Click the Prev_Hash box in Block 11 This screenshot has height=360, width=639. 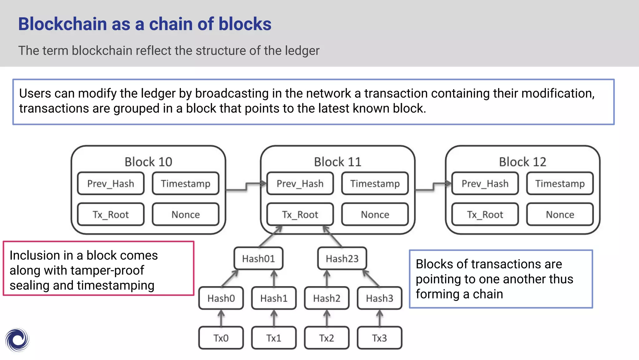pyautogui.click(x=300, y=183)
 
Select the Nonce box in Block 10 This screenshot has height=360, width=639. pyautogui.click(x=186, y=214)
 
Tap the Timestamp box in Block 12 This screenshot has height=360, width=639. pyautogui.click(x=560, y=183)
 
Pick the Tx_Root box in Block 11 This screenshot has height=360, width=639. pyautogui.click(x=300, y=214)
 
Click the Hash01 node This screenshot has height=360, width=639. pyautogui.click(x=258, y=258)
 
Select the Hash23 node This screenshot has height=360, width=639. pyautogui.click(x=342, y=258)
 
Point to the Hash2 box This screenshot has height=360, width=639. pyautogui.click(x=327, y=298)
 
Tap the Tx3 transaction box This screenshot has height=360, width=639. pyautogui.click(x=379, y=338)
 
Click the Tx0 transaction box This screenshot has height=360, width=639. pyautogui.click(x=221, y=338)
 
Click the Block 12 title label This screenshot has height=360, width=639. pyautogui.click(x=522, y=162)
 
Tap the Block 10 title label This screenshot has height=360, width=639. pyautogui.click(x=148, y=162)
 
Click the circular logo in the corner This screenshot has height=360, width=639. pyautogui.click(x=17, y=340)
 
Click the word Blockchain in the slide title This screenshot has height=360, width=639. pyautogui.click(x=62, y=24)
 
